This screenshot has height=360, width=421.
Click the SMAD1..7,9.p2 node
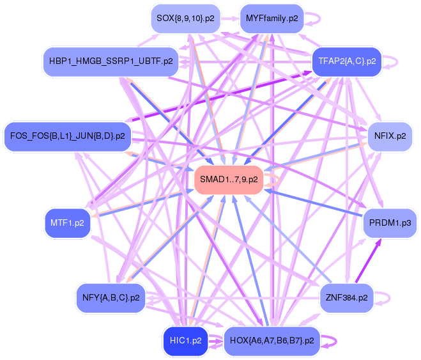tap(229, 180)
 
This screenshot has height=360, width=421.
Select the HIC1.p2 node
tap(185, 341)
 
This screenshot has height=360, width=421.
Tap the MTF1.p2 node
tap(67, 223)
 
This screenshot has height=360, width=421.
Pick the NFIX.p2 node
tap(390, 136)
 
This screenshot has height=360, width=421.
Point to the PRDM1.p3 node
tap(390, 223)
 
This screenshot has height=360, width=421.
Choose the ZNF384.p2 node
tap(346, 298)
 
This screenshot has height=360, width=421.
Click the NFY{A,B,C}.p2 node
tap(111, 298)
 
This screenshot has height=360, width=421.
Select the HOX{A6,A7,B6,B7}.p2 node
tap(272, 341)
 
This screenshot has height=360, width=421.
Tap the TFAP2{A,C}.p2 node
tap(347, 61)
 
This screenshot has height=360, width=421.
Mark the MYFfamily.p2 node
tap(272, 19)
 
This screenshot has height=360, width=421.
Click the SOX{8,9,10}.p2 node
tap(185, 19)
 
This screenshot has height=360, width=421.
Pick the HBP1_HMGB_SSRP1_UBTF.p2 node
tap(111, 61)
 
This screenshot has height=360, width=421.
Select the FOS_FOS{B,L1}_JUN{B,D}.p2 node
tap(67, 136)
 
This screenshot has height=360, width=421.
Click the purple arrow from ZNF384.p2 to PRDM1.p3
tap(369, 261)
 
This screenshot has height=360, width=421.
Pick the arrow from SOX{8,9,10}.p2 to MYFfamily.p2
tap(230, 19)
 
